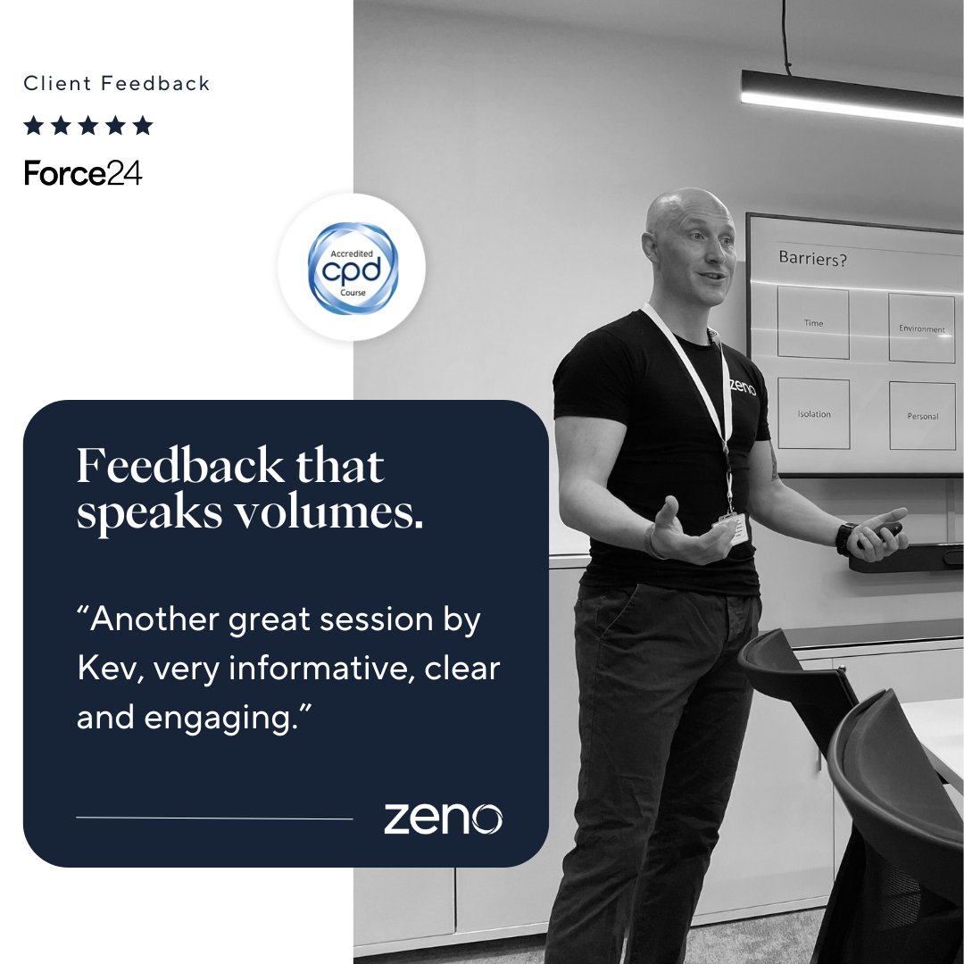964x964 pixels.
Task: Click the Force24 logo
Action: click(x=83, y=173)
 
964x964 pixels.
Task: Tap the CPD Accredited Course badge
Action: click(x=353, y=268)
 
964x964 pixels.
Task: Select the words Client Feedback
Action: click(x=117, y=84)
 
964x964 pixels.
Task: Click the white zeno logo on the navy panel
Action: click(x=443, y=818)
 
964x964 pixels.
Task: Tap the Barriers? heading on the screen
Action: click(x=812, y=259)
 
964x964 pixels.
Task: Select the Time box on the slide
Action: click(x=813, y=322)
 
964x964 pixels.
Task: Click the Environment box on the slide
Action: click(x=921, y=328)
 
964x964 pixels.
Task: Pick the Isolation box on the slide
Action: click(x=813, y=413)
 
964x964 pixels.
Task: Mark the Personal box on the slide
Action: click(x=922, y=416)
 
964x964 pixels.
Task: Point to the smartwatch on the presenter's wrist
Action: click(x=846, y=538)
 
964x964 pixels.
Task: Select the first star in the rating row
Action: click(x=34, y=126)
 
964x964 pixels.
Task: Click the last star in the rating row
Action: click(x=143, y=126)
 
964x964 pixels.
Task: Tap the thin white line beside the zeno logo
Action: click(x=214, y=818)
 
